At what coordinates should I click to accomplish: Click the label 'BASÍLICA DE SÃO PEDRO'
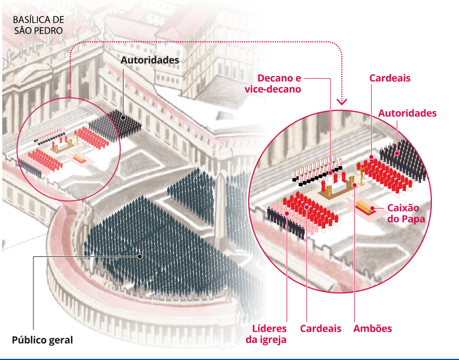[39, 25]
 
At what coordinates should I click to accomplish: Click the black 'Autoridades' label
[150, 60]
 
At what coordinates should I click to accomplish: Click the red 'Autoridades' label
[407, 113]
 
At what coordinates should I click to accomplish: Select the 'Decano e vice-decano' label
[273, 83]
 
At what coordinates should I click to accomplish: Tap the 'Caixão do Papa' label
[406, 213]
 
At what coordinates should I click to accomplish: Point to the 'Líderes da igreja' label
[266, 334]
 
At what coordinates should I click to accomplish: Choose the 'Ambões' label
[372, 328]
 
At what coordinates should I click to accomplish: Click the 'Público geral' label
[42, 340]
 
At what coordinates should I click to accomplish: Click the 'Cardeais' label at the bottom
[321, 328]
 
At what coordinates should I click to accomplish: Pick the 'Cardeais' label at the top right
[390, 78]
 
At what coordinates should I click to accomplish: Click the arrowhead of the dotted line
[342, 101]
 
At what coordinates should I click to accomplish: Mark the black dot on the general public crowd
[140, 256]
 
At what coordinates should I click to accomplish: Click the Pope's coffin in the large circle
[366, 207]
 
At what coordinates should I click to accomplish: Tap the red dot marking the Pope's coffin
[372, 208]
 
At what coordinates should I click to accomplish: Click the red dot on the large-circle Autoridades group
[397, 153]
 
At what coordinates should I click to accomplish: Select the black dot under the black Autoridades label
[123, 117]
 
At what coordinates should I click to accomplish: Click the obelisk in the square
[220, 205]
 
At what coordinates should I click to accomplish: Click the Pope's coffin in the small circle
[79, 158]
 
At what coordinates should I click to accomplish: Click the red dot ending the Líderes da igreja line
[287, 213]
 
